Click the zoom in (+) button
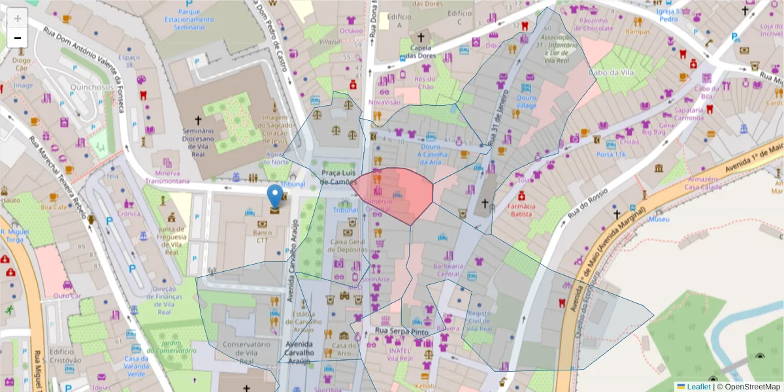point(18,18)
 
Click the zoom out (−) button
point(18,38)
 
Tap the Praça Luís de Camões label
point(339,177)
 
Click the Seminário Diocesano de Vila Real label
point(198,139)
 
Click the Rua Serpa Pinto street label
point(402,332)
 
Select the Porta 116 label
point(611,154)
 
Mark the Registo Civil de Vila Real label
point(481,321)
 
